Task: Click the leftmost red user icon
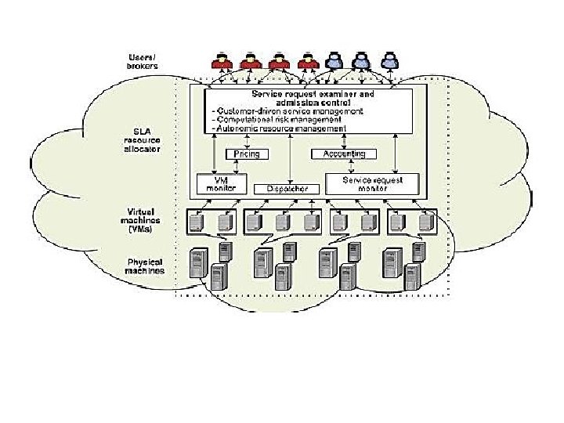coord(222,60)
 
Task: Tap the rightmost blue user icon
coord(386,60)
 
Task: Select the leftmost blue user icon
coord(334,60)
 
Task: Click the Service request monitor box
coord(374,183)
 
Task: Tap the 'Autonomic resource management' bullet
coord(279,128)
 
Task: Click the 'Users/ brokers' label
coord(142,60)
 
